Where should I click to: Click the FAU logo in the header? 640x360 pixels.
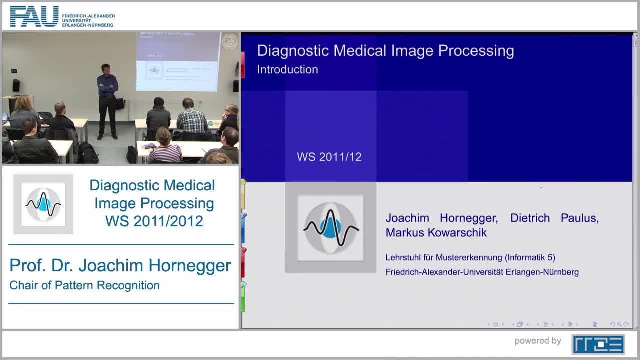coord(34,17)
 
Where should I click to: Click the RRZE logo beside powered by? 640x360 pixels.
coord(598,344)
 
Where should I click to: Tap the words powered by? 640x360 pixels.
coord(538,341)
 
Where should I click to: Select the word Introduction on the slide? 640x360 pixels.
coord(287,69)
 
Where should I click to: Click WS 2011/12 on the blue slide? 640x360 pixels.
coord(329,157)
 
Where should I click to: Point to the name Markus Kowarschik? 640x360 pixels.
coord(436,233)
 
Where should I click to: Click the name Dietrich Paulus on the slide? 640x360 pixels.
coord(554,218)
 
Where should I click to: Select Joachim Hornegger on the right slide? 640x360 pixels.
coord(441,218)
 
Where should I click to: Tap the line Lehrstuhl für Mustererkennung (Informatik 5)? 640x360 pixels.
coord(470,257)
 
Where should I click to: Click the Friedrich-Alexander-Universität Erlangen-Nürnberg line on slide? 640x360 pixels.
coord(482,272)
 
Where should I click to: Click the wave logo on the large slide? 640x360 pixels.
coord(330,228)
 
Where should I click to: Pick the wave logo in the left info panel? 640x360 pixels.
coord(43,204)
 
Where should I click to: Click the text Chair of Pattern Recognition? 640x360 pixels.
coord(84,285)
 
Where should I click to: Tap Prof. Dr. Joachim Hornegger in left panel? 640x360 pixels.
coord(120,265)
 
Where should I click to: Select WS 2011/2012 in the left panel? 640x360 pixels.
coord(154,221)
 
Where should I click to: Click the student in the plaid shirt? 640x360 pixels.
coord(191,118)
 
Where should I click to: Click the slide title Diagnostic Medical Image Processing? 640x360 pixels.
coord(385,51)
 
